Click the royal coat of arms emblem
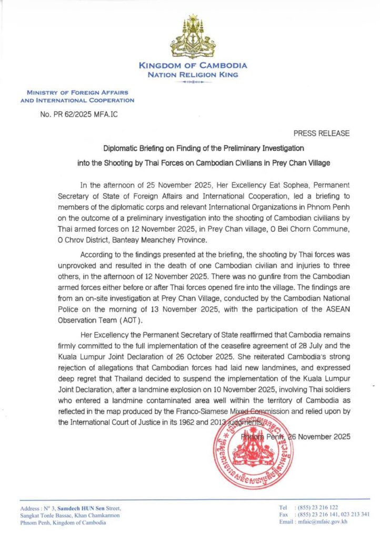click(192, 37)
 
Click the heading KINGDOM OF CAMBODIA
click(193, 66)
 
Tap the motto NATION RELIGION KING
click(193, 75)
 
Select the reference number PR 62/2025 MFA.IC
click(79, 114)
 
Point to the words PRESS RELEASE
click(321, 133)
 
